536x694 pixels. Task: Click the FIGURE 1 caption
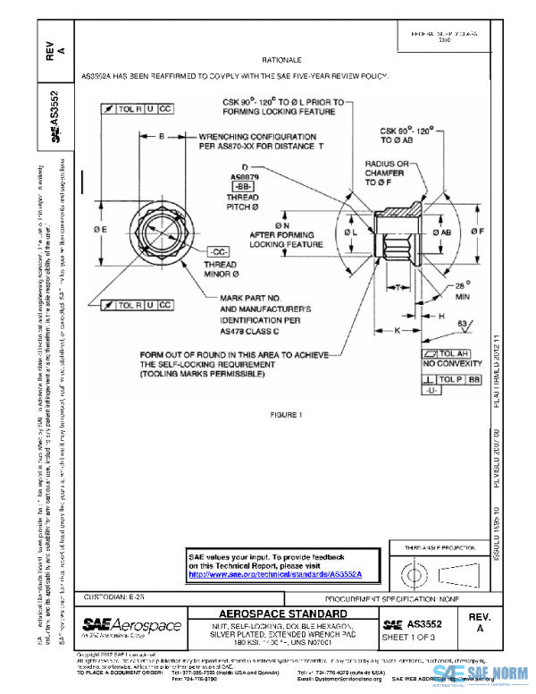[288, 414]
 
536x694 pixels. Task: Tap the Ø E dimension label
[100, 230]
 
